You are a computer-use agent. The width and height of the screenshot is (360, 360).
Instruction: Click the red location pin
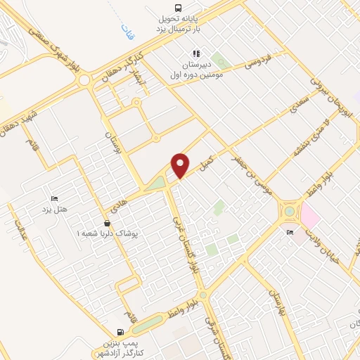(181, 165)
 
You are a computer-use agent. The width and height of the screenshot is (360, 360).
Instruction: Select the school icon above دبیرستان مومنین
(196, 53)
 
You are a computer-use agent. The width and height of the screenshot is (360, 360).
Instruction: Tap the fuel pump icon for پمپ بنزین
(121, 332)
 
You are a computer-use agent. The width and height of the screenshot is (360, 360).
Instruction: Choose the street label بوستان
(108, 145)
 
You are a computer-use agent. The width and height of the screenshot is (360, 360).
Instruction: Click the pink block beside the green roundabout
(310, 214)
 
